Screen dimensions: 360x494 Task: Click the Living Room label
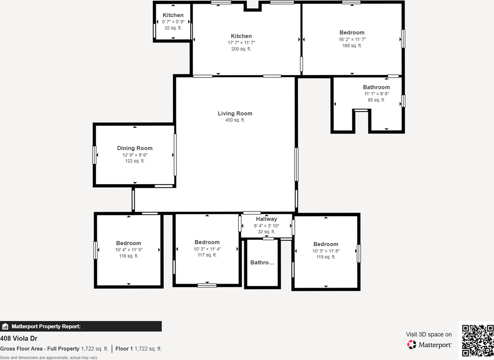[235, 114]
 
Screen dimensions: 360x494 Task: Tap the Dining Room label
[135, 148]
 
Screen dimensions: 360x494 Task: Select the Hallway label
[266, 219]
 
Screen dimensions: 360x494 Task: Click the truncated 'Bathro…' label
[262, 263]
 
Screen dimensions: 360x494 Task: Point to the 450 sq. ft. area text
[235, 120]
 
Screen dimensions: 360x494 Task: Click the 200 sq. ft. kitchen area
[241, 49]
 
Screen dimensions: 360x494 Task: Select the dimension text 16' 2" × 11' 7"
[352, 39]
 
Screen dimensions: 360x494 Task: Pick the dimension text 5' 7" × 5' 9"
[173, 22]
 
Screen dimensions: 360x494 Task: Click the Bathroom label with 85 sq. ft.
[376, 87]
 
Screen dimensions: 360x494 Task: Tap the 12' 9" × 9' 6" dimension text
[135, 155]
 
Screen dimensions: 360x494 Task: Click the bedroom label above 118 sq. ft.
[129, 243]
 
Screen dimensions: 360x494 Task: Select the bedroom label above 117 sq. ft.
[207, 242]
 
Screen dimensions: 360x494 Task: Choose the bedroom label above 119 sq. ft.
[326, 244]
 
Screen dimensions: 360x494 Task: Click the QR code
[478, 340]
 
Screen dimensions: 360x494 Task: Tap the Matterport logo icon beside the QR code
[412, 344]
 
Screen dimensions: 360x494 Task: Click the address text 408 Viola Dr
[19, 338]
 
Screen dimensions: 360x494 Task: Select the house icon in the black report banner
[5, 326]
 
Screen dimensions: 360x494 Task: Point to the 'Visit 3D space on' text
[428, 335]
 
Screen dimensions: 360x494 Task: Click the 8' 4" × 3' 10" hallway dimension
[266, 226]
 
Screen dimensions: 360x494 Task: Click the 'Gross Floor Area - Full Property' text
[40, 349]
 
